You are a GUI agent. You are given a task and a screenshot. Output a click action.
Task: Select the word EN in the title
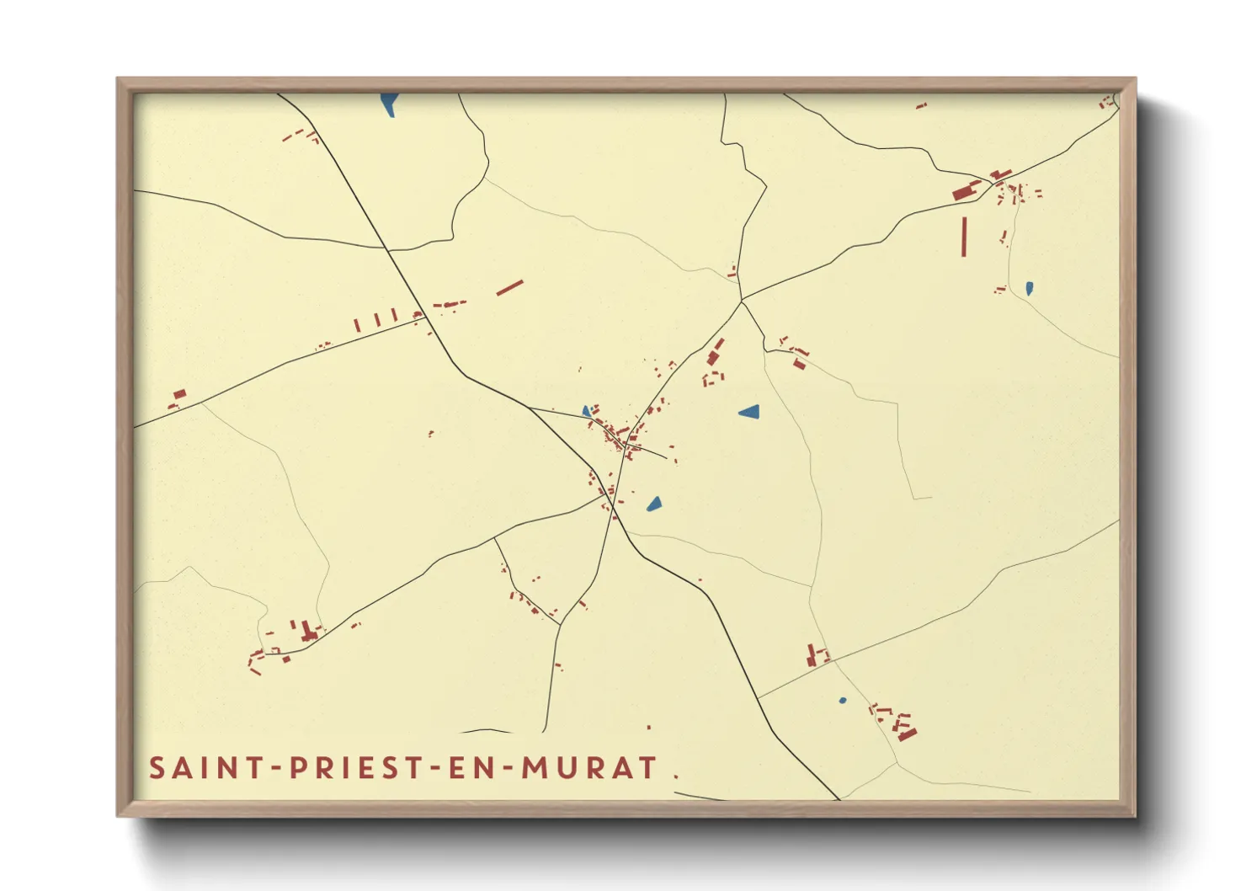click(x=465, y=768)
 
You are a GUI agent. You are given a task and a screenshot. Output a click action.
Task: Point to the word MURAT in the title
click(x=588, y=768)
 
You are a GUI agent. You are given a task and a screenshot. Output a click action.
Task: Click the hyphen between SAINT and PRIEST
click(x=275, y=769)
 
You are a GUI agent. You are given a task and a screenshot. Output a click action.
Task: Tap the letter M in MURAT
click(x=534, y=768)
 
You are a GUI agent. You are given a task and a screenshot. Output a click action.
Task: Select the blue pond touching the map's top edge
click(x=388, y=104)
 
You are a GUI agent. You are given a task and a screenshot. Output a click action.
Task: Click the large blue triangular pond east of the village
click(x=749, y=412)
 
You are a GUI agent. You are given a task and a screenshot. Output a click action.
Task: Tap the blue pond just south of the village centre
click(x=654, y=504)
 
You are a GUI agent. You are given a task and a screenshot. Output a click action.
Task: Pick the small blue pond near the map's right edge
click(x=1029, y=288)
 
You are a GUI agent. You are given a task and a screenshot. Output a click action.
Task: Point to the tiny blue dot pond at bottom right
click(x=843, y=701)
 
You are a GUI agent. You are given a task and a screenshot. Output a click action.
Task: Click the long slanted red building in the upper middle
click(x=509, y=288)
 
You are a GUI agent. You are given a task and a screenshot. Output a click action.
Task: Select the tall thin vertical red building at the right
click(x=965, y=236)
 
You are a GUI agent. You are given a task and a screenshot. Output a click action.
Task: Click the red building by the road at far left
click(x=178, y=394)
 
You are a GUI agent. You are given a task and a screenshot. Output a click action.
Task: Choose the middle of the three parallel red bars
click(x=375, y=320)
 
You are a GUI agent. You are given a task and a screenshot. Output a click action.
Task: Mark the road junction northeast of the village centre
click(x=742, y=301)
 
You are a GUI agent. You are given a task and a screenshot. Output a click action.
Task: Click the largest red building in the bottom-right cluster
click(x=907, y=734)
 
